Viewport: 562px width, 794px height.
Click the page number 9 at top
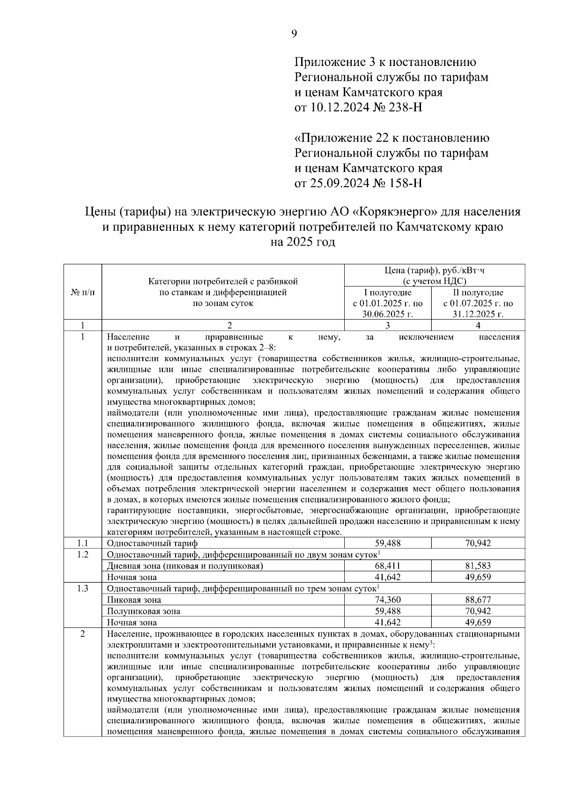click(294, 34)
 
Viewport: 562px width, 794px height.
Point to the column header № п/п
click(82, 292)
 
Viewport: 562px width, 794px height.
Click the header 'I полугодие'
click(387, 292)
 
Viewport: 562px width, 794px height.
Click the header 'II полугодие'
click(478, 292)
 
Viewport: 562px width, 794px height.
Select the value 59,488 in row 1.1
click(387, 543)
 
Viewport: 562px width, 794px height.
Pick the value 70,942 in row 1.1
click(478, 543)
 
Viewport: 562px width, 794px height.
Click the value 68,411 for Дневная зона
click(387, 566)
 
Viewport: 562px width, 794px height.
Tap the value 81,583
click(478, 566)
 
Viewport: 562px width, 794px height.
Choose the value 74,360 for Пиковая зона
click(387, 600)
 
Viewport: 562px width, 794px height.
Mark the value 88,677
click(478, 600)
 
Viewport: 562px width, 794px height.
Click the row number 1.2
click(82, 554)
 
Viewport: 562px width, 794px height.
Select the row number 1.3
click(82, 589)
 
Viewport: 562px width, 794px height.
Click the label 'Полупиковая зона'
click(143, 611)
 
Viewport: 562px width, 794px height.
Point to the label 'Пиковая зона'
click(134, 600)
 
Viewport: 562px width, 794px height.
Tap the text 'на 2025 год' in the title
click(303, 242)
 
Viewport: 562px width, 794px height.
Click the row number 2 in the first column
click(82, 634)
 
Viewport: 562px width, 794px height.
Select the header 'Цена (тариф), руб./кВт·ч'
click(435, 271)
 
